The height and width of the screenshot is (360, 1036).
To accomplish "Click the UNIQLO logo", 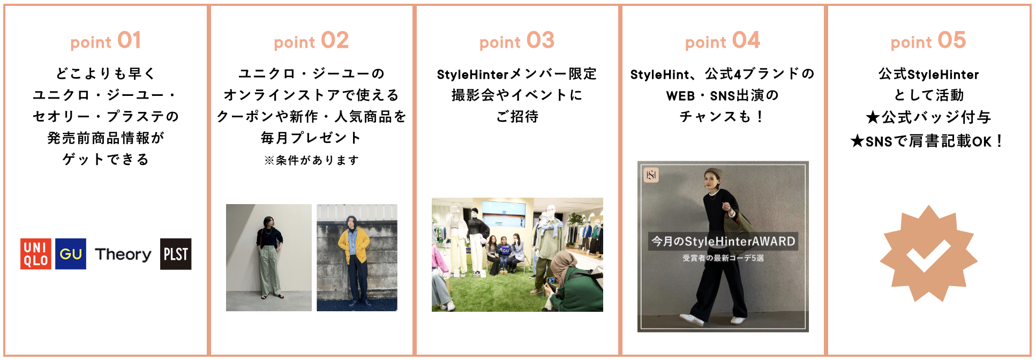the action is pos(36,254).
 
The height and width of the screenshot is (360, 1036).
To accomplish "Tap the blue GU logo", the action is pos(71,254).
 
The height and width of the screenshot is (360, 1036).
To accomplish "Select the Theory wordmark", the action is pos(123,254).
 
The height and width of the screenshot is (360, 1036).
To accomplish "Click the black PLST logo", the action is pos(176,254).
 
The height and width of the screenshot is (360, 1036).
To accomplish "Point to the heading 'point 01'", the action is pos(106,41).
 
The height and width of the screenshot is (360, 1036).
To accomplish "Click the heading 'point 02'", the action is pos(311,41).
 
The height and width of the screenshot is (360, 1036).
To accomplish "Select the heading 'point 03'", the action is pos(517,41).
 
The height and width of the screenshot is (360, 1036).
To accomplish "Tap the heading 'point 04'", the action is pos(723,41).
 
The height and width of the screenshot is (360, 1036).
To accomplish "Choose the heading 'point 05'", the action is pos(928,41).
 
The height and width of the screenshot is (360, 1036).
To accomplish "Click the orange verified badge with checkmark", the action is pos(928,253).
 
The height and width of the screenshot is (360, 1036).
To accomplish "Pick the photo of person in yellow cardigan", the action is pos(357,258).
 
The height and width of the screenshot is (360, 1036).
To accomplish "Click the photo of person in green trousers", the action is pos(269,258).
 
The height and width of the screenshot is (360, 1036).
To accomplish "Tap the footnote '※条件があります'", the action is pos(311,160).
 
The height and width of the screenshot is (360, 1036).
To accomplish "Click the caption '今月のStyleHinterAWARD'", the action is pos(723,242).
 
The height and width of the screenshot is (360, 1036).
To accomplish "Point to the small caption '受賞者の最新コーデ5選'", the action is pos(723,258).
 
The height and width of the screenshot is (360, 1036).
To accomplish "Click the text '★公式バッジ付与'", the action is pos(928,117).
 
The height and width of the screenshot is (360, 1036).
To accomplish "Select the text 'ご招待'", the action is pos(517,116).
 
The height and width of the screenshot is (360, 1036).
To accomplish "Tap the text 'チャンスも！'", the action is pos(723,116).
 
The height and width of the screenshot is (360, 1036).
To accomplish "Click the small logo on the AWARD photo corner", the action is pos(651,175).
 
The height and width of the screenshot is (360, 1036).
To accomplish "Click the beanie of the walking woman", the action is pos(712,173).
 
